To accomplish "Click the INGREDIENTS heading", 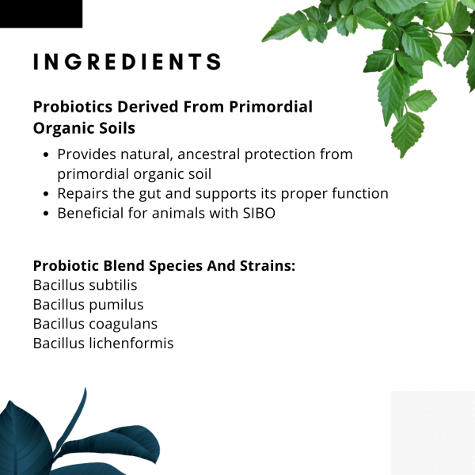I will [127, 63].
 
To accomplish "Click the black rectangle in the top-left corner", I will [40, 13].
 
